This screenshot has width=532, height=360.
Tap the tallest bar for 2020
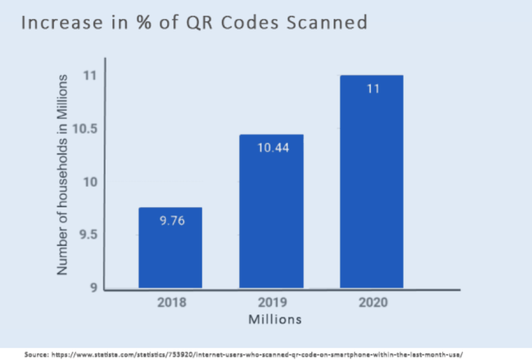point(372,182)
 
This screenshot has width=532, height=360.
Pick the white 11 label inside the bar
point(372,89)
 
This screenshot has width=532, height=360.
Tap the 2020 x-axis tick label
point(372,302)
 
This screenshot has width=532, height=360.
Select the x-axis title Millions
point(274,319)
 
